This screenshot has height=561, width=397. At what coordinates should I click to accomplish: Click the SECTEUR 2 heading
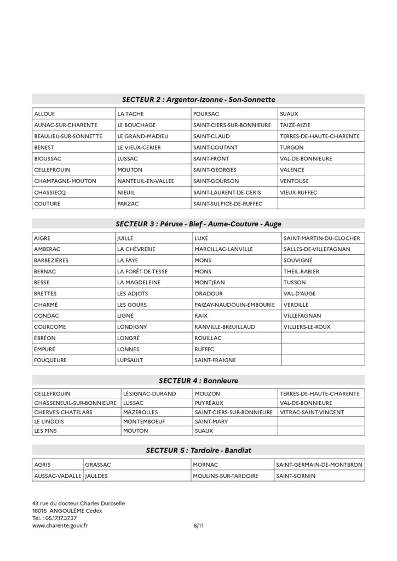click(198, 99)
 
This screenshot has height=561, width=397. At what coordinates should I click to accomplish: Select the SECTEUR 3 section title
click(198, 224)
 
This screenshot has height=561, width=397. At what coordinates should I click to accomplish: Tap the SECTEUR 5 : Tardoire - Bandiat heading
click(198, 450)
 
